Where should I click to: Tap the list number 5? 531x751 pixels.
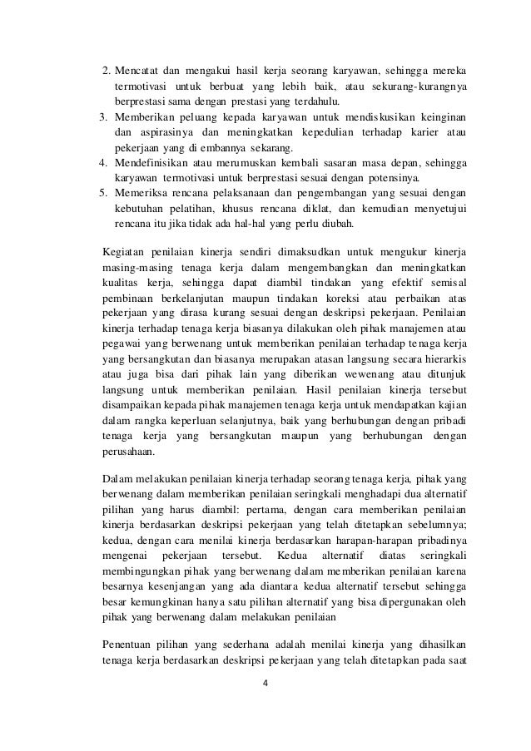pyautogui.click(x=104, y=193)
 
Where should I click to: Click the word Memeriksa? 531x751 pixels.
pyautogui.click(x=142, y=193)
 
